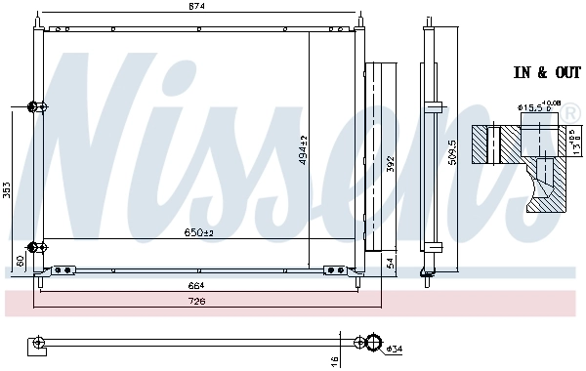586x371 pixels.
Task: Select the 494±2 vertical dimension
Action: [x=304, y=148]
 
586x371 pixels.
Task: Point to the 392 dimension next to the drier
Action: [x=390, y=164]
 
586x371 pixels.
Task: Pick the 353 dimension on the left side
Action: [x=8, y=190]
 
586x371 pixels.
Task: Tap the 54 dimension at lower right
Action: [x=390, y=263]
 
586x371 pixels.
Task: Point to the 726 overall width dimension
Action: [x=198, y=302]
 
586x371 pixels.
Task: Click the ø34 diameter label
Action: [x=394, y=349]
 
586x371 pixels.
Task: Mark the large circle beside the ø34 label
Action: [x=371, y=342]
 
